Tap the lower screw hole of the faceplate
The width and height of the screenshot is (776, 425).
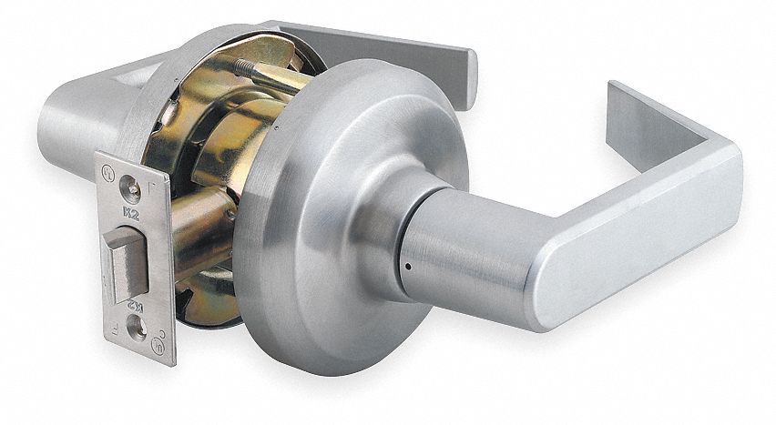139,333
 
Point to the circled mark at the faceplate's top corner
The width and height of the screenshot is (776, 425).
108,169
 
